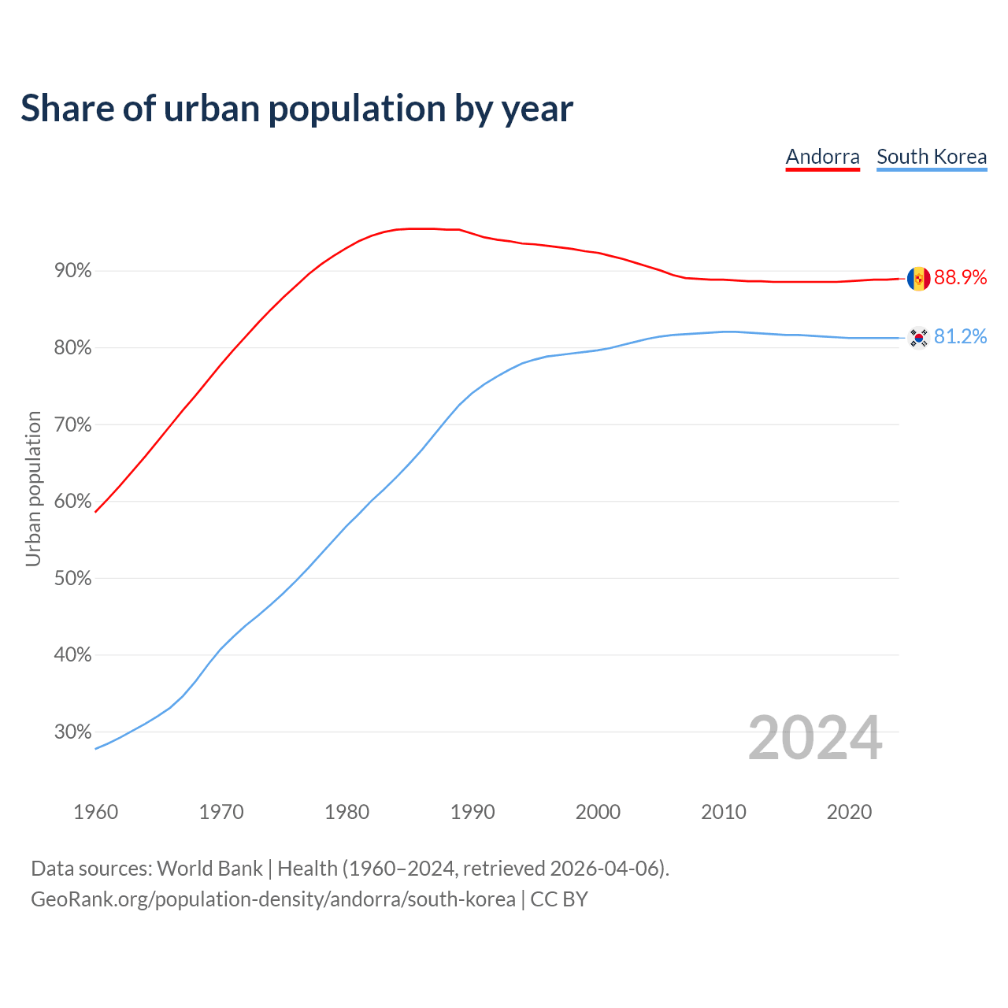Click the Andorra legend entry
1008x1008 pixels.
822,157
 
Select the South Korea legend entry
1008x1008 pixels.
932,157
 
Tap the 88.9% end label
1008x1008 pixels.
960,277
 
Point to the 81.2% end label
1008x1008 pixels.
960,337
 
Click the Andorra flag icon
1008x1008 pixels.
918,278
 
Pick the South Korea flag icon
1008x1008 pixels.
918,338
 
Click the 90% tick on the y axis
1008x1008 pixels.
73,271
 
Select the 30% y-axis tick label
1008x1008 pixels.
73,732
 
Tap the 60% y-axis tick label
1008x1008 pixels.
73,502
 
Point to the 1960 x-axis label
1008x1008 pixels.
95,812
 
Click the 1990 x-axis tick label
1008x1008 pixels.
472,812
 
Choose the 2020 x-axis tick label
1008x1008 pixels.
849,812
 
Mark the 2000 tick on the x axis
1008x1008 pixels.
598,812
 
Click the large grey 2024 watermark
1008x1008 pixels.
815,738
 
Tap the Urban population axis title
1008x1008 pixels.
33,488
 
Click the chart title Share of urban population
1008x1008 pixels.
297,108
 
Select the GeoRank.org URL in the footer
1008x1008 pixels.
273,899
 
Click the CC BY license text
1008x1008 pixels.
559,899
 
